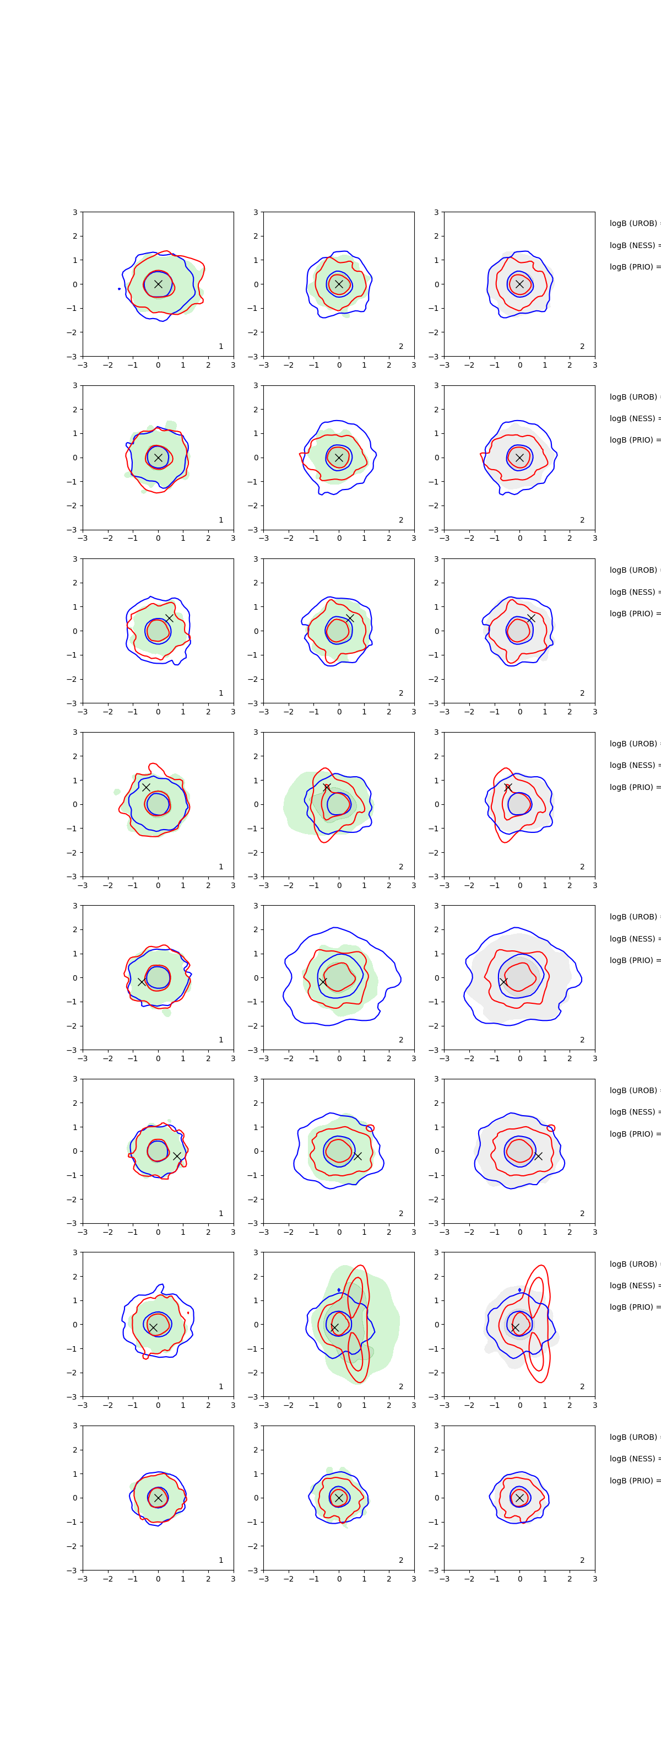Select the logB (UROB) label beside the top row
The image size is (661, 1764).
[x=633, y=223]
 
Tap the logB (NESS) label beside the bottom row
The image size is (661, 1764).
[x=633, y=1459]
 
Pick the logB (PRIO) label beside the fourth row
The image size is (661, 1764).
[x=633, y=787]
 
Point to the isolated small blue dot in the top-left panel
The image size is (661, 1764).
[x=119, y=289]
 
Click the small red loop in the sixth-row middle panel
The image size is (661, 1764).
[x=370, y=1128]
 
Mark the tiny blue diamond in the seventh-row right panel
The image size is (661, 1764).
[x=519, y=1290]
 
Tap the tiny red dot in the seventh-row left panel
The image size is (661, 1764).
[x=188, y=1313]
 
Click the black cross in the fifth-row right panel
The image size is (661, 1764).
[x=503, y=982]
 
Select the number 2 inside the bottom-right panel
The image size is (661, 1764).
[x=582, y=1560]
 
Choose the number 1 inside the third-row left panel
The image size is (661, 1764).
[x=220, y=693]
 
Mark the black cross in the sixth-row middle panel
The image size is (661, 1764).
[x=357, y=1156]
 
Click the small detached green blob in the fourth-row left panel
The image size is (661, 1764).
[x=117, y=792]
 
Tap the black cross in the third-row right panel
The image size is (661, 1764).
[x=531, y=619]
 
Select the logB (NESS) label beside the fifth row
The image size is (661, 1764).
[x=633, y=939]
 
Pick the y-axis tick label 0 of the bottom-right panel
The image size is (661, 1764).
[x=437, y=1498]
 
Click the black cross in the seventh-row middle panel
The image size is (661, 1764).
[x=334, y=1327]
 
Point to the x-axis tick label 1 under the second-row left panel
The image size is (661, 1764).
[x=183, y=538]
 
